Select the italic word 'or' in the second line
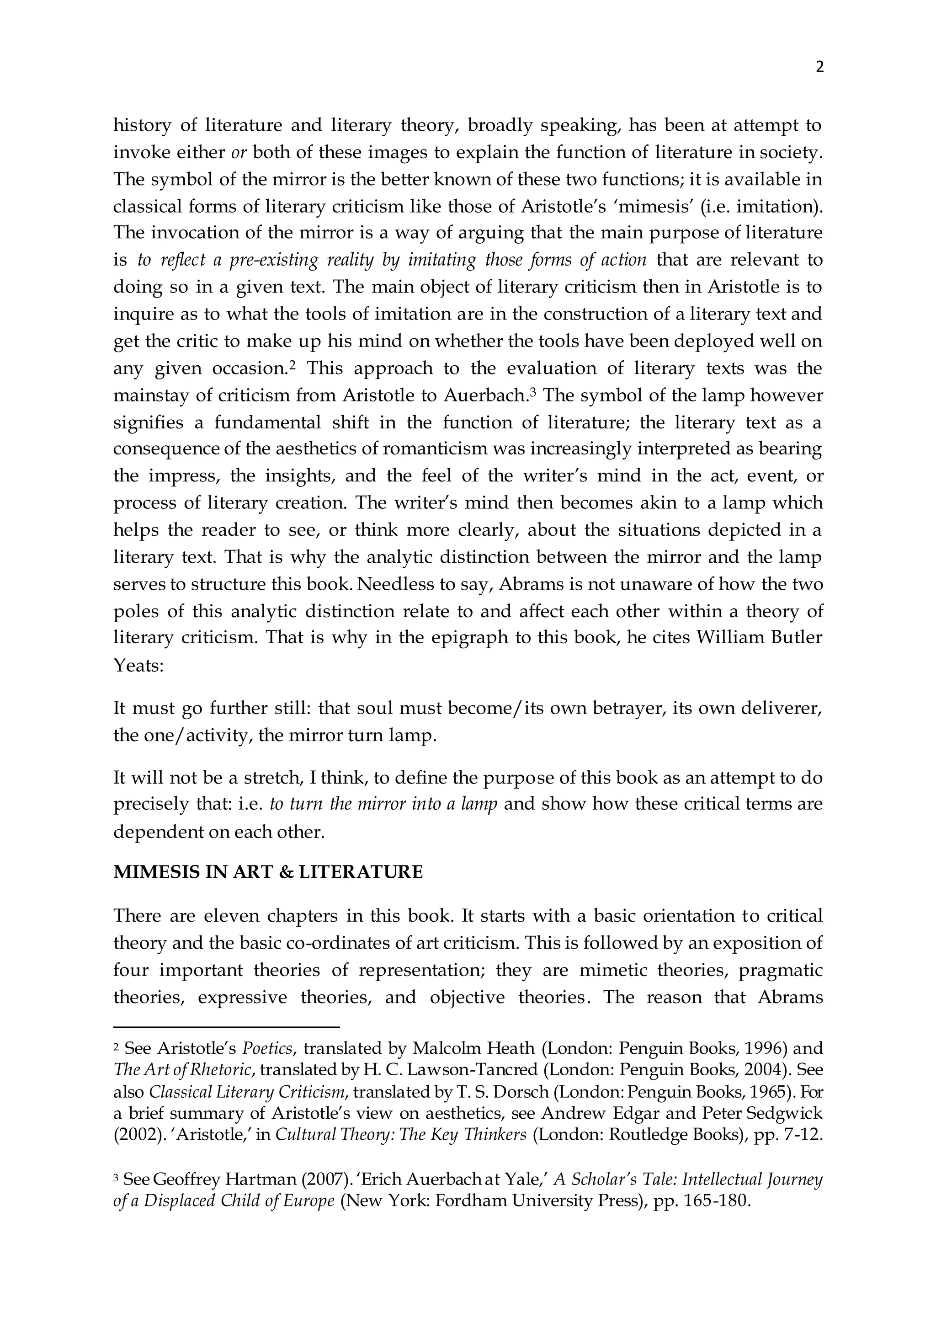pos(239,153)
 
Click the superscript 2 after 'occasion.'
pos(292,364)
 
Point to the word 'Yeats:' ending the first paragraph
pos(139,667)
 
